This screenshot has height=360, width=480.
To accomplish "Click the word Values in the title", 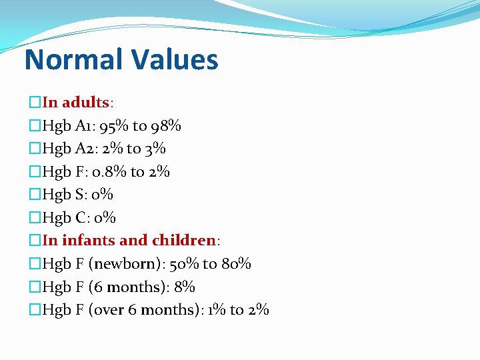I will [x=175, y=59].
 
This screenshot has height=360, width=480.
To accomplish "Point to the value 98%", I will [x=166, y=125].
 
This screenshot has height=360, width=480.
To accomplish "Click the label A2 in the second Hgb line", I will [x=86, y=148].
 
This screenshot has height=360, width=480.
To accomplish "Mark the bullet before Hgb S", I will [x=35, y=195].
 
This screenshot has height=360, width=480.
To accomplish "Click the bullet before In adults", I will [x=35, y=103].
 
